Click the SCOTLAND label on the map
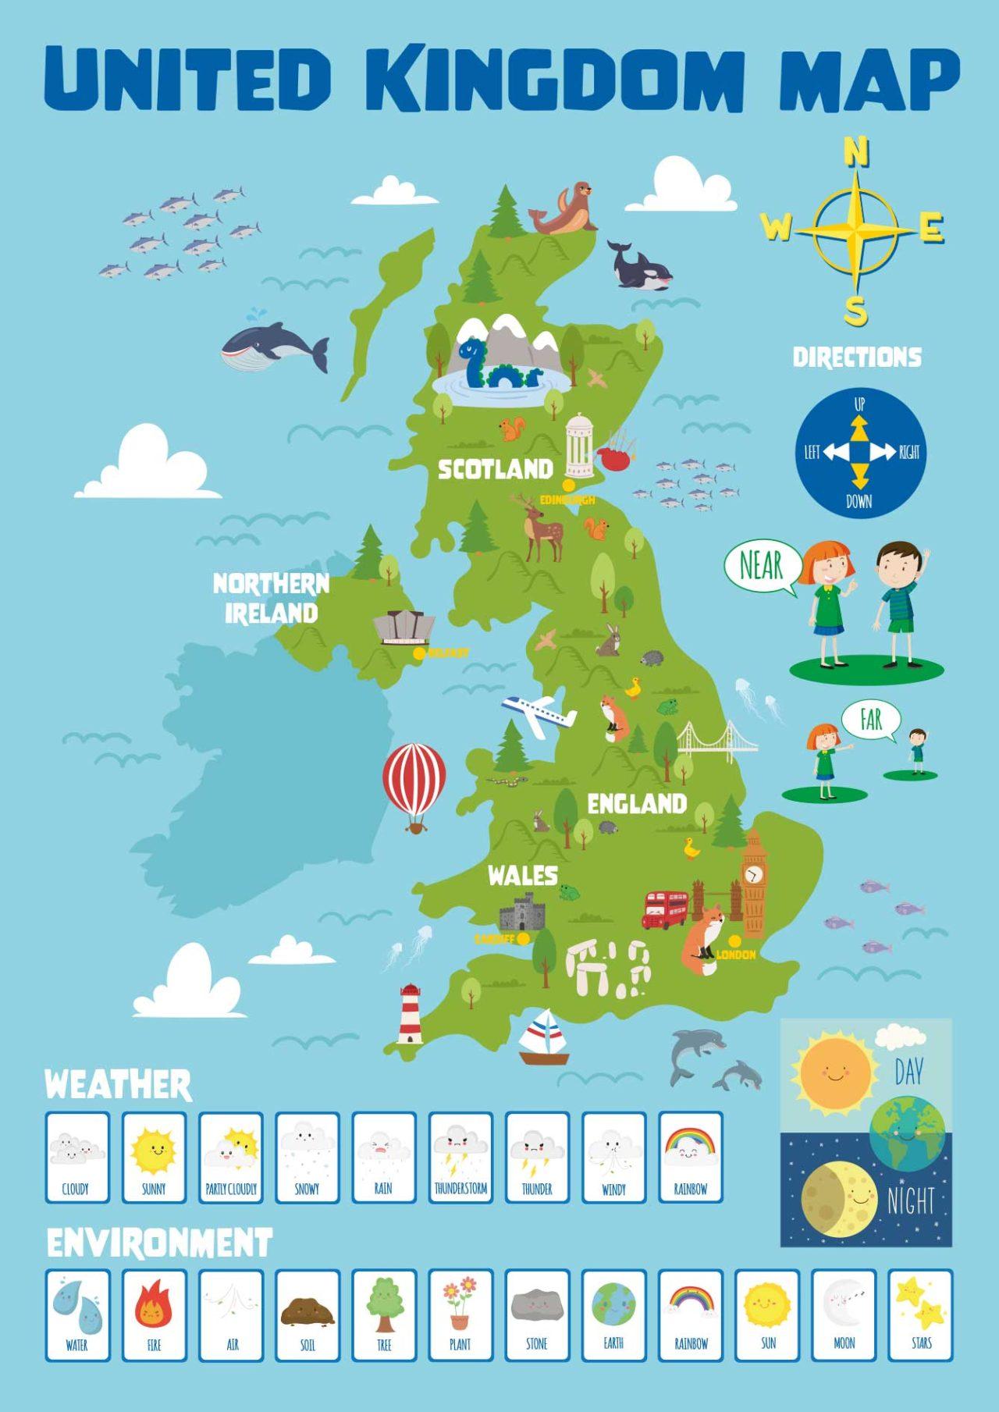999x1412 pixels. (495, 469)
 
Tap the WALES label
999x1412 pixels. (522, 875)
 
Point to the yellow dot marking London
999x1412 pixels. (734, 940)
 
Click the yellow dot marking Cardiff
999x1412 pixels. (524, 938)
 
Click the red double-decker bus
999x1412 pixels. (665, 909)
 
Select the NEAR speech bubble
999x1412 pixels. (762, 566)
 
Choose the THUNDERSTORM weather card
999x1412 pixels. (460, 1158)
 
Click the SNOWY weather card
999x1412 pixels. (308, 1158)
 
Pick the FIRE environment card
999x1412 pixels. (154, 1315)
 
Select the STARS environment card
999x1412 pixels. (921, 1315)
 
